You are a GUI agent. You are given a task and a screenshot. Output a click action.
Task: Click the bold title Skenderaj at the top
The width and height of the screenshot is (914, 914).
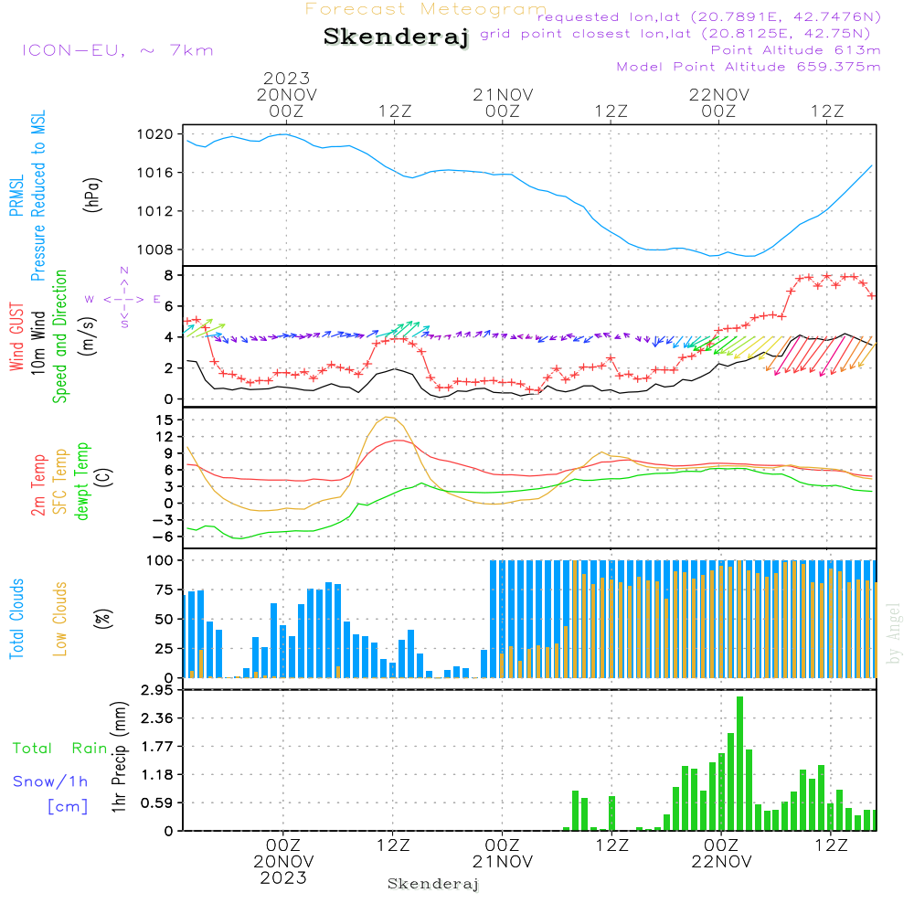(397, 37)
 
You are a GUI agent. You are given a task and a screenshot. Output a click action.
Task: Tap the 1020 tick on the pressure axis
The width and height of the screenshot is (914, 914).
(155, 134)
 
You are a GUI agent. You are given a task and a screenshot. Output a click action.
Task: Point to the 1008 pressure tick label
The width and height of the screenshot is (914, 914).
(155, 250)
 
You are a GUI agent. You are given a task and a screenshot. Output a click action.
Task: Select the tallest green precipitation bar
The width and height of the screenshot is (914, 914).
(739, 763)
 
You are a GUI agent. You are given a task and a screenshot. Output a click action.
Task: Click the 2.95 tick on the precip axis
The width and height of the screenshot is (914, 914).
(157, 690)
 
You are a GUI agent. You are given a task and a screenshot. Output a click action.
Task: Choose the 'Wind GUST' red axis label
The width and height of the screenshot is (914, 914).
(16, 336)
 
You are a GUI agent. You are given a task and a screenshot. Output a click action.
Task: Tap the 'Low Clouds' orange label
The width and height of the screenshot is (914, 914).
(60, 619)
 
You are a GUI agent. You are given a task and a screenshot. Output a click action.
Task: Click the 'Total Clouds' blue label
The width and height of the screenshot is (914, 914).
(16, 619)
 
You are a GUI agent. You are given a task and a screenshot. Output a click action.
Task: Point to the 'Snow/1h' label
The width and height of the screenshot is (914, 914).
(50, 781)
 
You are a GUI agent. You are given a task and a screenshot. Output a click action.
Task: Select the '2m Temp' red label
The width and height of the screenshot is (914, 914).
(38, 485)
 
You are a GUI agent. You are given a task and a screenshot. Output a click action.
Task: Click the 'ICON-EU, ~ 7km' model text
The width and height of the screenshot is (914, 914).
(118, 50)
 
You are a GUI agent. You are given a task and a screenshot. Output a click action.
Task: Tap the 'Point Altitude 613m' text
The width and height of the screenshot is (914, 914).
(795, 50)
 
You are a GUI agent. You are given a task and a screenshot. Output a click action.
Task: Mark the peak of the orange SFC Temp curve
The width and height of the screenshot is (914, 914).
(388, 418)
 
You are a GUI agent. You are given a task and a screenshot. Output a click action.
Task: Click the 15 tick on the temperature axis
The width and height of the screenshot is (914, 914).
(165, 420)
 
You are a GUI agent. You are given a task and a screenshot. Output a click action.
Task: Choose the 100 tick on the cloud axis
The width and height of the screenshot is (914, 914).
(160, 560)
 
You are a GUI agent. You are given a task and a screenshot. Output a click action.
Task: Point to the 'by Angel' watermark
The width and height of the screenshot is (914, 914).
(893, 633)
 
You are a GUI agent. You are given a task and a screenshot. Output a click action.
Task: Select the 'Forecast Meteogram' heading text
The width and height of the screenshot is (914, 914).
(426, 9)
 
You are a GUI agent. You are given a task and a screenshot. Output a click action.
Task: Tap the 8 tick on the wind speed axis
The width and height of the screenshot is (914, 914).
(168, 274)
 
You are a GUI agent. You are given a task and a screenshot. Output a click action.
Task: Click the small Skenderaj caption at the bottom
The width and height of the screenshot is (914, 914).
(433, 884)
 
